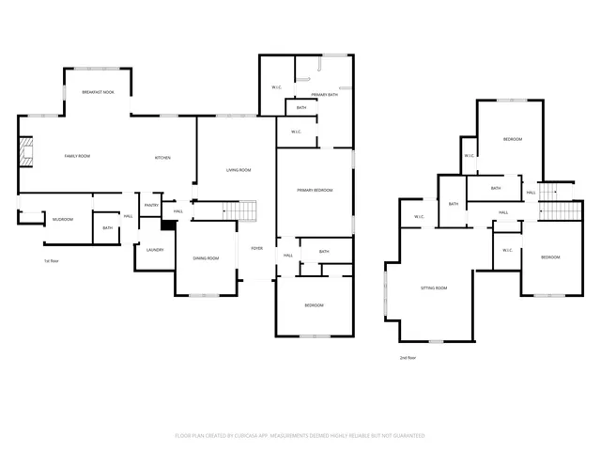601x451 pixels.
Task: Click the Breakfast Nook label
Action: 98,92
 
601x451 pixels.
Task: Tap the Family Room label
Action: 77,155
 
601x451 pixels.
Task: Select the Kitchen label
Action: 162,157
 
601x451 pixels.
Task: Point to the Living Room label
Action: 239,170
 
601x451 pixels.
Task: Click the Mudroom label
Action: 63,219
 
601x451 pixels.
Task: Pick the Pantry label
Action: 151,206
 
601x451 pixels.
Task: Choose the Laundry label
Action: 155,249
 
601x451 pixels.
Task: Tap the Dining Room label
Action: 206,258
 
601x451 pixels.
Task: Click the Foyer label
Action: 256,248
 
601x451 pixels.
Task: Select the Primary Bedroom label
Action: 315,190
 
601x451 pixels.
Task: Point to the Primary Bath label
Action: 325,94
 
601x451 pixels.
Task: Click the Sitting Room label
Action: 433,288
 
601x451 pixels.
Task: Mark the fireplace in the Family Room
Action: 27,150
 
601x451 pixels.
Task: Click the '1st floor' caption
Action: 53,260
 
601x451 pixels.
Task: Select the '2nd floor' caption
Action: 408,357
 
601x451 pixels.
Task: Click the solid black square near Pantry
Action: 168,225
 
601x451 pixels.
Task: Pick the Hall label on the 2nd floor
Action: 503,212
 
